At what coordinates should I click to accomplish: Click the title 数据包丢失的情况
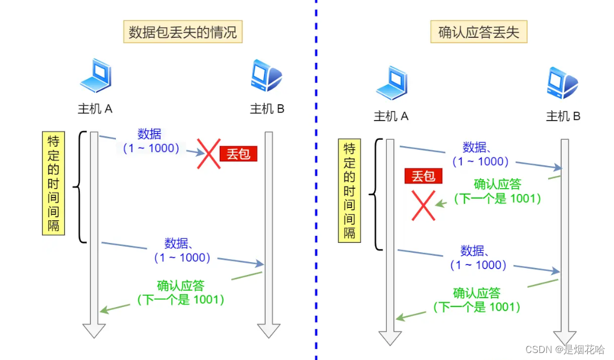pos(183,32)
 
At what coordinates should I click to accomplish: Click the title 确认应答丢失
pos(478,32)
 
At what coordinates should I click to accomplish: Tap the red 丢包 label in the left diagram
pos(238,154)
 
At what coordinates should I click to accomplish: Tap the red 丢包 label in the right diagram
pos(424,176)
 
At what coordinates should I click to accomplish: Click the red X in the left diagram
pos(208,154)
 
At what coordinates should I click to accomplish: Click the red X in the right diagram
pos(424,205)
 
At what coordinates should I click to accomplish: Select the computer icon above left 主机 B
pos(266,76)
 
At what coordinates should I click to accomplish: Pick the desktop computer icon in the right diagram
pos(562,83)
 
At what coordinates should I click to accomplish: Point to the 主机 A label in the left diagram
pos(95,108)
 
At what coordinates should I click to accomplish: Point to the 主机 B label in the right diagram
pos(563,117)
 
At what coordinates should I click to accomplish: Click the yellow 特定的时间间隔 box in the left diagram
pos(54,183)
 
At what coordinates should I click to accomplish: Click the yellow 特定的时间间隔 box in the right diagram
pos(350,190)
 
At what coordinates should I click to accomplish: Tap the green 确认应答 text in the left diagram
pos(181,285)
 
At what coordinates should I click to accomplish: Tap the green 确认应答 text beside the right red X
pos(497,185)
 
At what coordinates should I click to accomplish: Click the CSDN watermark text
pos(564,349)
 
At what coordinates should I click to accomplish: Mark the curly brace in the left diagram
pos(80,186)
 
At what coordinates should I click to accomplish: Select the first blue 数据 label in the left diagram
pos(150,133)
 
